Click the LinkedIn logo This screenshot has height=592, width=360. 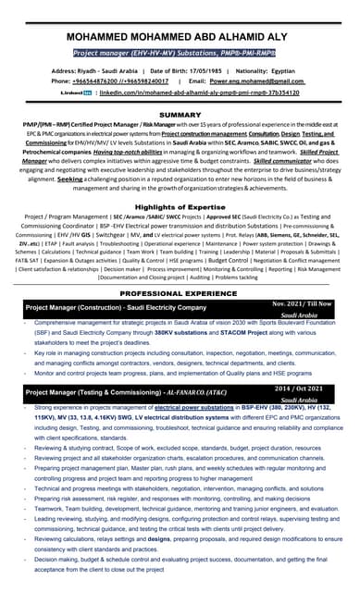75,92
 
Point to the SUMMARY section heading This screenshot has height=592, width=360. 180,115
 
